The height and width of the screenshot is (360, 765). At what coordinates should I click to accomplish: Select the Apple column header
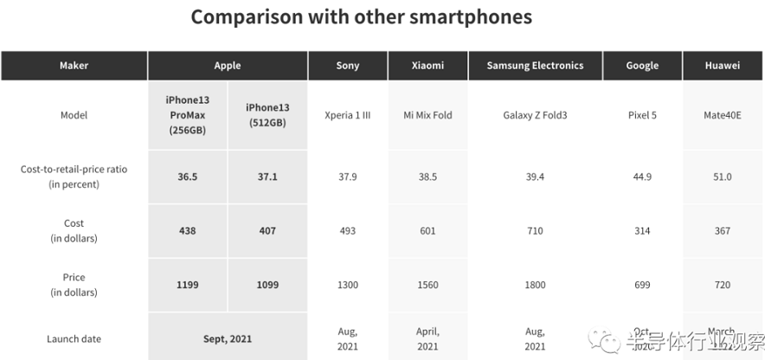[x=228, y=66]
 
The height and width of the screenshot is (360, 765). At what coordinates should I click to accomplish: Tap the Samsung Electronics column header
[x=535, y=66]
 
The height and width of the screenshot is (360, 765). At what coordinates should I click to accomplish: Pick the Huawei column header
[x=723, y=66]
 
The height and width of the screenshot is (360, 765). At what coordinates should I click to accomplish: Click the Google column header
[x=642, y=66]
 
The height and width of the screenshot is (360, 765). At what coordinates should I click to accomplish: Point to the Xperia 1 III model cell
[x=347, y=115]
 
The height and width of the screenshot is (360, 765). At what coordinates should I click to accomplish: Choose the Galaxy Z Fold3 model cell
[x=535, y=115]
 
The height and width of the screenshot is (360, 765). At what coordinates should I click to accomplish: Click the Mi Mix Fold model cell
[x=427, y=115]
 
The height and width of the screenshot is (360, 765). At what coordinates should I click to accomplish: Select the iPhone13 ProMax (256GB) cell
[x=188, y=115]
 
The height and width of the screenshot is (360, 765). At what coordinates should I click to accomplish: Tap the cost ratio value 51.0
[x=723, y=177]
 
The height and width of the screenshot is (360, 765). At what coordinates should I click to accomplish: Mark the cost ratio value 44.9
[x=642, y=177]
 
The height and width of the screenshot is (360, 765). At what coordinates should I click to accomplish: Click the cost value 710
[x=535, y=231]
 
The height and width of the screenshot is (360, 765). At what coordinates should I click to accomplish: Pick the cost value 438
[x=188, y=231]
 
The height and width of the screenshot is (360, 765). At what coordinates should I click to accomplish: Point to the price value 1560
[x=427, y=285]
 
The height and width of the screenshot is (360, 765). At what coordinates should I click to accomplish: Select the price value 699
[x=642, y=285]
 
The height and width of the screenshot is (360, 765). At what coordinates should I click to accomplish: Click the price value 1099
[x=267, y=285]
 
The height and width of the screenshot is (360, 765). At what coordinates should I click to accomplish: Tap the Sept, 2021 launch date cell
[x=228, y=338]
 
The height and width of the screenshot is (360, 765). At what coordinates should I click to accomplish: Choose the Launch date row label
[x=74, y=338]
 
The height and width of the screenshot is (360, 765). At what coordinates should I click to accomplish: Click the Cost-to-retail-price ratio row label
[x=74, y=177]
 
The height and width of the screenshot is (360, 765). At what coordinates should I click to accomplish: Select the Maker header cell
[x=74, y=66]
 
